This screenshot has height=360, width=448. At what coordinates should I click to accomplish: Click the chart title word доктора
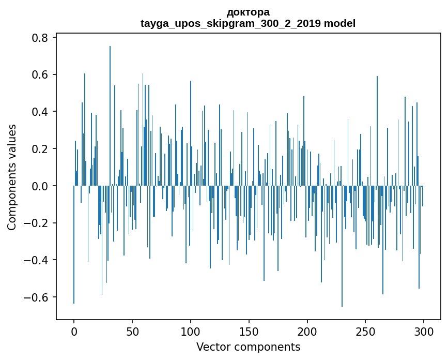tap(248, 12)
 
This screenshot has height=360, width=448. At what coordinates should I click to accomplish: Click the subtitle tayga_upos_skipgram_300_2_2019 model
tap(248, 23)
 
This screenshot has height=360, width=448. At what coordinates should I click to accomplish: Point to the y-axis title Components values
tap(12, 177)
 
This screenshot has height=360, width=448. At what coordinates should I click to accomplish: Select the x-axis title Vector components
tap(248, 347)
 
